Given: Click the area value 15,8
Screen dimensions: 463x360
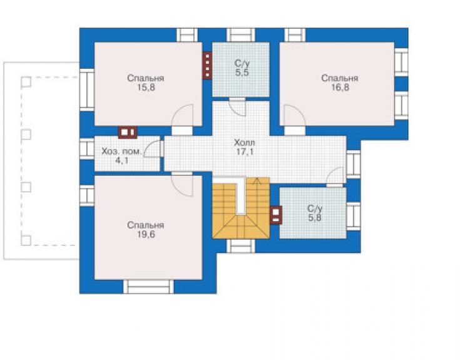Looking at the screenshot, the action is pyautogui.click(x=146, y=88).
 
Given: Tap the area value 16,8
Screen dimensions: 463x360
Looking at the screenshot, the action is pyautogui.click(x=340, y=88).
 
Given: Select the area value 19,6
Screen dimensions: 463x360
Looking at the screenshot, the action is pyautogui.click(x=146, y=234).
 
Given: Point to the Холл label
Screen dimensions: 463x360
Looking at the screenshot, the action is pyautogui.click(x=245, y=143).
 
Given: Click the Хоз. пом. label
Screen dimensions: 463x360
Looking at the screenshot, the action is pyautogui.click(x=121, y=152).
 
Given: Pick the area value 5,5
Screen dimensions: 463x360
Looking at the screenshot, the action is pyautogui.click(x=242, y=73).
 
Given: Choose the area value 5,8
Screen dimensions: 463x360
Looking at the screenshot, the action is pyautogui.click(x=315, y=218).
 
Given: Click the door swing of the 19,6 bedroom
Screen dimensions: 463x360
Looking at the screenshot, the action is pyautogui.click(x=183, y=185).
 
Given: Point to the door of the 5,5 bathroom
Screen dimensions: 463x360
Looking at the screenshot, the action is pyautogui.click(x=238, y=107).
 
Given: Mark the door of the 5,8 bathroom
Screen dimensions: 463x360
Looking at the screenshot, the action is pyautogui.click(x=336, y=177).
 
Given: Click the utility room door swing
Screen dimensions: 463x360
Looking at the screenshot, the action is pyautogui.click(x=153, y=149).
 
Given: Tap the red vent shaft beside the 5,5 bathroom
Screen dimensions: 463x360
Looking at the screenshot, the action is pyautogui.click(x=207, y=66).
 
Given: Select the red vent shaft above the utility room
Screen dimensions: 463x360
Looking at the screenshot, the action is pyautogui.click(x=128, y=132).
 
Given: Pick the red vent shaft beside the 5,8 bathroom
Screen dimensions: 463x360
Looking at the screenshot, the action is pyautogui.click(x=276, y=215).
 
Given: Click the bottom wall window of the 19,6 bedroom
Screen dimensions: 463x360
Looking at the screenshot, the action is pyautogui.click(x=148, y=286).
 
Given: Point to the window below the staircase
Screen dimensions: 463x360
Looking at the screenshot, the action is pyautogui.click(x=241, y=246).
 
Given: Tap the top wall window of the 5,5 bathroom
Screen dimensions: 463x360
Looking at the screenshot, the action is pyautogui.click(x=241, y=35).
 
